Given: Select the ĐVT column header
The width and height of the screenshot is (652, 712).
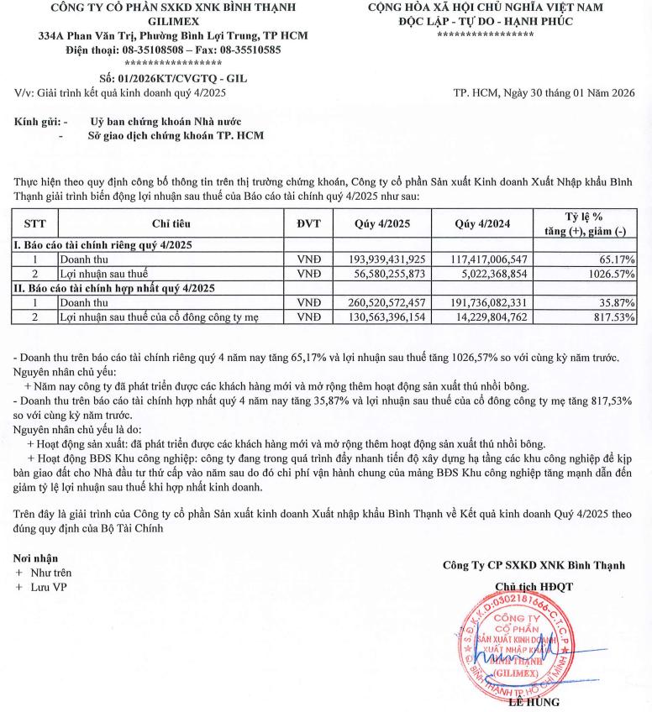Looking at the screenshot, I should pyautogui.click(x=309, y=224).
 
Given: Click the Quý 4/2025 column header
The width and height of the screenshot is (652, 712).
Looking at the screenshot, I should pyautogui.click(x=383, y=224).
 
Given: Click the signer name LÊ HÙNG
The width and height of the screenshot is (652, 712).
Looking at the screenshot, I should pyautogui.click(x=534, y=702).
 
